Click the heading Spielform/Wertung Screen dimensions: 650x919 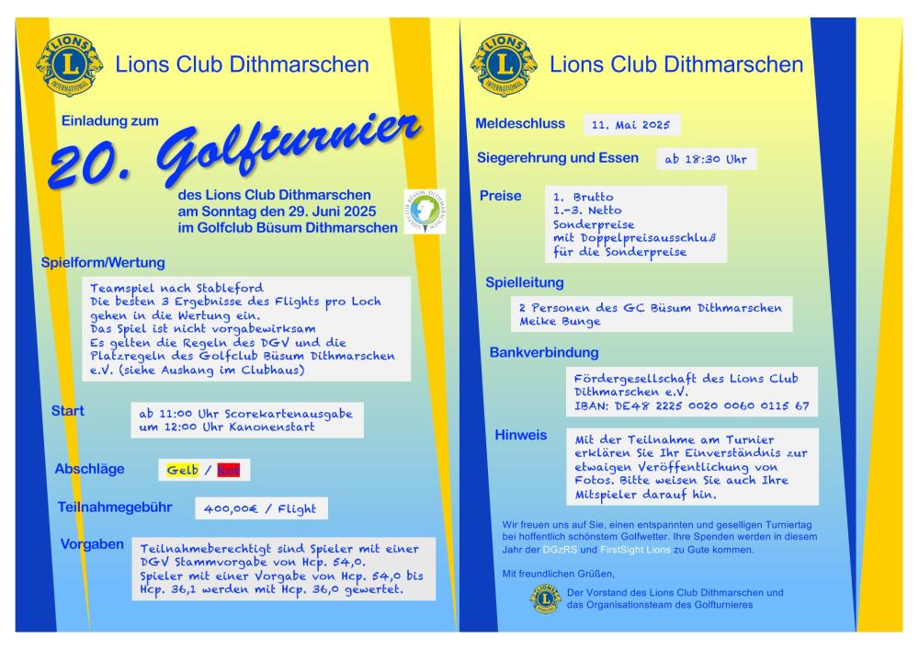click(103, 263)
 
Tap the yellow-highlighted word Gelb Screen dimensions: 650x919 click(182, 471)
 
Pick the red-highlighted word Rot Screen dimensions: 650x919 click(229, 471)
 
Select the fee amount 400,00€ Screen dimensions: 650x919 click(225, 508)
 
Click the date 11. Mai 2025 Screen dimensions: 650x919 click(631, 125)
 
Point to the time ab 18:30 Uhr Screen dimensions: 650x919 click(705, 160)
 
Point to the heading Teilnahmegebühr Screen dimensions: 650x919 click(116, 506)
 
